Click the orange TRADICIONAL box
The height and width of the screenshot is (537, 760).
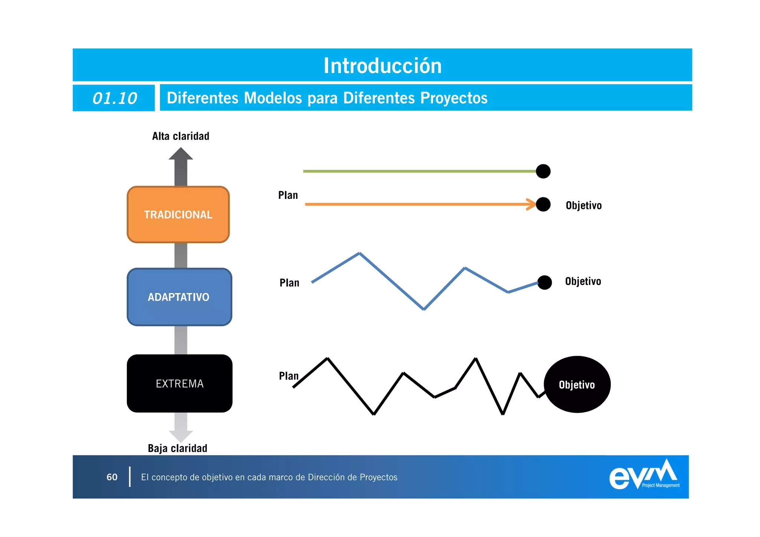[178, 215]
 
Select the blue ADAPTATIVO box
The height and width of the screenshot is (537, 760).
[179, 297]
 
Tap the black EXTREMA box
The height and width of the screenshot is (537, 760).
[180, 383]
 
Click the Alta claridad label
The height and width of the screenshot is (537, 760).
[181, 136]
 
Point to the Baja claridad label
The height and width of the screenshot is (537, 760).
[177, 448]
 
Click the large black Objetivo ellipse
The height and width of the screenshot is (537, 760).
[577, 384]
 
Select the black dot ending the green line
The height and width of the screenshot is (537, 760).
[543, 171]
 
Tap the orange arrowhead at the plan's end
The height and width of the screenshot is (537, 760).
[532, 204]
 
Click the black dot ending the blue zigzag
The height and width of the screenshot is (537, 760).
[544, 282]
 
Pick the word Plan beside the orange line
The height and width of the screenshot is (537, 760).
[288, 195]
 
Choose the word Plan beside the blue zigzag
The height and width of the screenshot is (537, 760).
[289, 283]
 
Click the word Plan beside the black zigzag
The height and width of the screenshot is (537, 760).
[289, 376]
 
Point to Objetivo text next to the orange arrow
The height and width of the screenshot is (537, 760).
[583, 206]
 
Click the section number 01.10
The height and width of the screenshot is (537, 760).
[115, 98]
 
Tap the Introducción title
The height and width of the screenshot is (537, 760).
[383, 66]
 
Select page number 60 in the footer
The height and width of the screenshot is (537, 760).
[112, 477]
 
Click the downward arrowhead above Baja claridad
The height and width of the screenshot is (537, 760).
[181, 435]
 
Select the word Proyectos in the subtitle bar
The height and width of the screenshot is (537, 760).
[454, 98]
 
